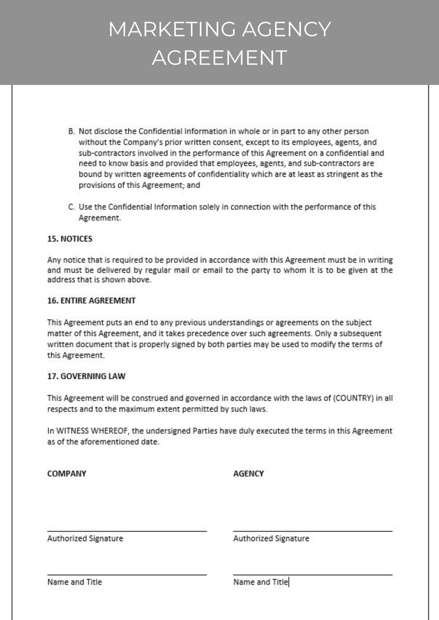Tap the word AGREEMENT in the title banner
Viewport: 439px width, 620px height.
(219, 57)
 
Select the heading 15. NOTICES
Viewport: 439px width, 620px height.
(70, 239)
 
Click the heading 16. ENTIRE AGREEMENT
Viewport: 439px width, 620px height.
(91, 301)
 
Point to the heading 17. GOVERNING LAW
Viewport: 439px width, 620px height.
(86, 376)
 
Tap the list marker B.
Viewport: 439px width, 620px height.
(71, 131)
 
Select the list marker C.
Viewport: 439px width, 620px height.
(71, 207)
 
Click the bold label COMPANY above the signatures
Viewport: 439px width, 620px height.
(67, 474)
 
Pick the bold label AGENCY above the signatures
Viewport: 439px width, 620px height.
(248, 474)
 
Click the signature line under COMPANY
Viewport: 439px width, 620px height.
(127, 531)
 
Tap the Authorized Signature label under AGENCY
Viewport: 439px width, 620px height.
(271, 539)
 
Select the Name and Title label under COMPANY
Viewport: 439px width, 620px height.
(75, 582)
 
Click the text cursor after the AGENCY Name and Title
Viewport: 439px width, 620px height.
(289, 582)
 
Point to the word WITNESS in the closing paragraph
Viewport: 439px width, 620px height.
(73, 431)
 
